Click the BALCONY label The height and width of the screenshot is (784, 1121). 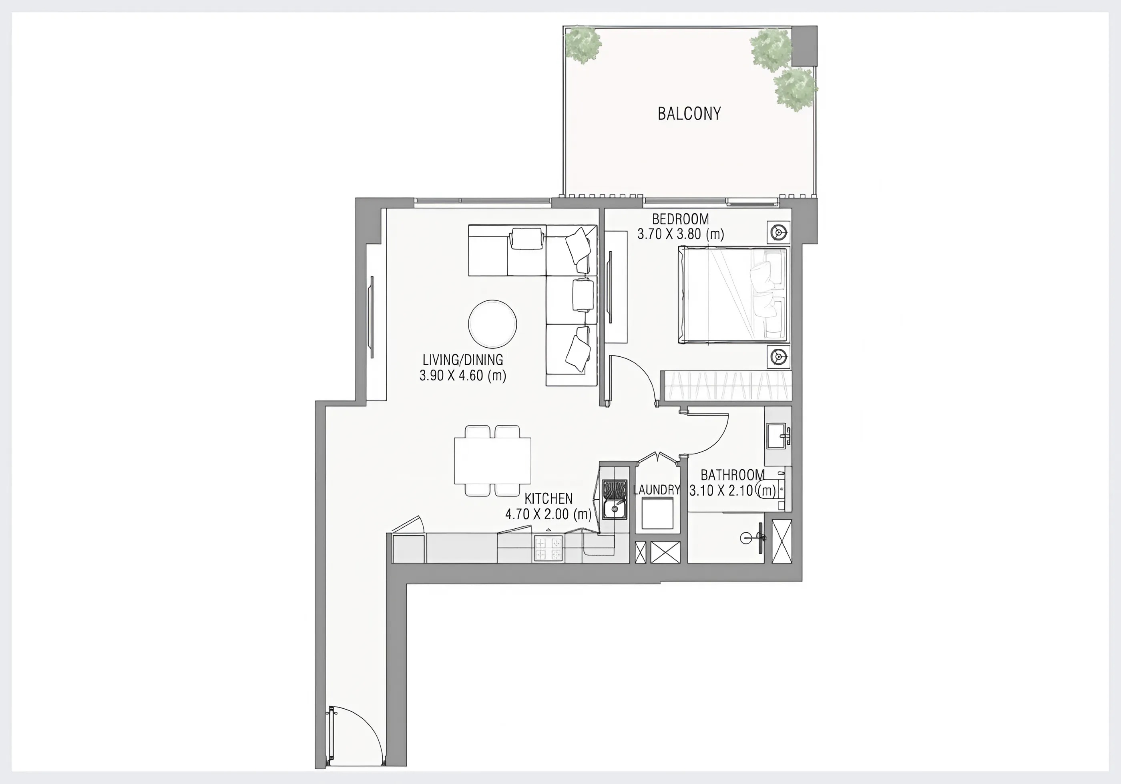tap(689, 114)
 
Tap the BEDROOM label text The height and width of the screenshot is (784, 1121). tap(680, 219)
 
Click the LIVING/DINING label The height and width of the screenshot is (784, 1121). tap(462, 360)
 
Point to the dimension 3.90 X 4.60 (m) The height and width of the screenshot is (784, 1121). tap(462, 376)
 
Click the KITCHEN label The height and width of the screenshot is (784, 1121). tap(548, 498)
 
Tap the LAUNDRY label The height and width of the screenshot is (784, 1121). tap(656, 490)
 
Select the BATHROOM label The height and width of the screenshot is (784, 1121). tap(732, 475)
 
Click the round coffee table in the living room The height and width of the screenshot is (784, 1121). tap(492, 324)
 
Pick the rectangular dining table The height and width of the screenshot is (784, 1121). tap(492, 460)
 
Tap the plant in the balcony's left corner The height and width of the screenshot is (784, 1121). tap(583, 45)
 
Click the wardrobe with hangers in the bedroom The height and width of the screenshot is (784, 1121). tap(725, 386)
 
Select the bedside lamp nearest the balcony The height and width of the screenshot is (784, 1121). tap(778, 233)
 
